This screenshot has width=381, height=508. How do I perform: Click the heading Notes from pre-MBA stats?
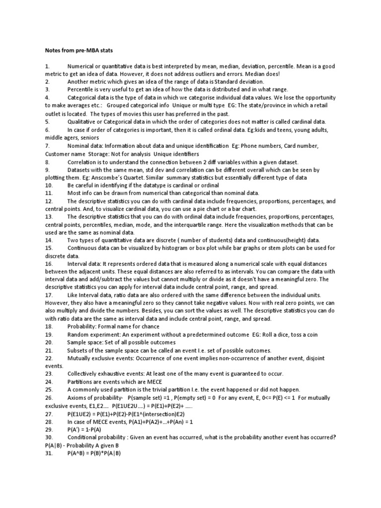pyautogui.click(x=76, y=51)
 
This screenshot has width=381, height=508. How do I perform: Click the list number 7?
pyautogui.click(x=47, y=146)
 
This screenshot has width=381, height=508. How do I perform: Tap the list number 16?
pyautogui.click(x=49, y=264)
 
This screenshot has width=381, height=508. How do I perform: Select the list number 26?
pyautogui.click(x=49, y=398)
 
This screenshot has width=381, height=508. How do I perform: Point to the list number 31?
pyautogui.click(x=49, y=453)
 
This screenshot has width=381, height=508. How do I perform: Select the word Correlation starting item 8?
pyautogui.click(x=83, y=162)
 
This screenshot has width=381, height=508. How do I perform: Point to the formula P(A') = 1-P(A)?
pyautogui.click(x=86, y=430)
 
